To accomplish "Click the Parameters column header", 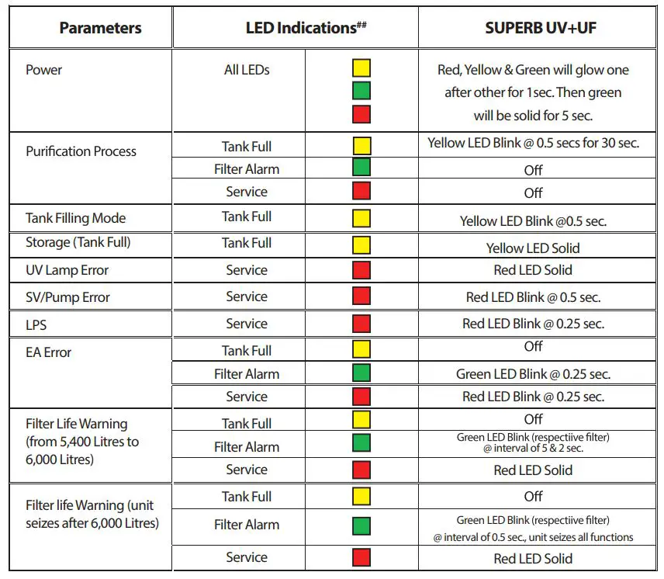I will click(100, 29).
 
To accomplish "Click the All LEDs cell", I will click(247, 70).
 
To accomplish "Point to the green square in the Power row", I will click(361, 91).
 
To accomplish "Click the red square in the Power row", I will click(361, 114).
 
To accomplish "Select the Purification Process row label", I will click(81, 151).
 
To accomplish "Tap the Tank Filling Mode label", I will click(75, 218).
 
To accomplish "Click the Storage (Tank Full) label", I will click(78, 243).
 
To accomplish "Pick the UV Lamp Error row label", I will click(67, 270).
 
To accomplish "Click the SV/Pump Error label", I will click(68, 297).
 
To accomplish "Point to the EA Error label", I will click(49, 352).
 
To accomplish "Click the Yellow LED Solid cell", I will click(533, 248).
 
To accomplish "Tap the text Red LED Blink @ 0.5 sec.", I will click(533, 297).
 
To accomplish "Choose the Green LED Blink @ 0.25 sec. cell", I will click(533, 374).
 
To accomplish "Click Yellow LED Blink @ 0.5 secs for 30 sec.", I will click(533, 144).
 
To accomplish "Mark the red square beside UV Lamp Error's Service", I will click(361, 270).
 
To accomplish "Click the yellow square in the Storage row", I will click(361, 245).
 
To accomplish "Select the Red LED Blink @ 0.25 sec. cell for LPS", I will click(533, 324).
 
